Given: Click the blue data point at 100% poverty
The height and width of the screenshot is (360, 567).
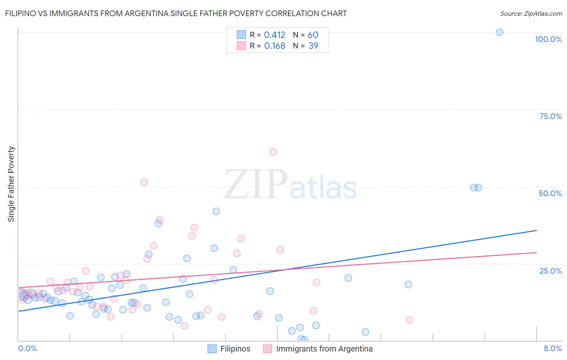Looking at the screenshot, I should coord(499,32).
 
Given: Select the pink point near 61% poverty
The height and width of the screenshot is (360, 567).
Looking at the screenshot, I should coord(273,152).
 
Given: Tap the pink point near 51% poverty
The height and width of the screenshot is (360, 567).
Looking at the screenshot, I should coord(144,182).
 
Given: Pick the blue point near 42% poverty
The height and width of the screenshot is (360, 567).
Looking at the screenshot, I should coord(216,211).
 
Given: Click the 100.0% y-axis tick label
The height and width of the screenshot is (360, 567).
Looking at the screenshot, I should coord(548,39).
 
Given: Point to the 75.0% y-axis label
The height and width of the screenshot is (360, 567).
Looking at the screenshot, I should coord(550,116).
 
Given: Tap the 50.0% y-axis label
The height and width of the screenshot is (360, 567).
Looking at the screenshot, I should coord(550,193).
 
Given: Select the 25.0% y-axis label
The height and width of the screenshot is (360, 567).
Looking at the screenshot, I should coord(550,271).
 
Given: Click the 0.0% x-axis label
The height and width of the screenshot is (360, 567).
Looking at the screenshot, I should coord(27,349).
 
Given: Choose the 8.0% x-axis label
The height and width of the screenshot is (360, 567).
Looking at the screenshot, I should coord(552,349).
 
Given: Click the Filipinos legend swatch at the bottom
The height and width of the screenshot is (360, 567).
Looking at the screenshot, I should coord(212,349).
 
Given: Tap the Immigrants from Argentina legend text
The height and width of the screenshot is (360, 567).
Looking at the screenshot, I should coord(324,349).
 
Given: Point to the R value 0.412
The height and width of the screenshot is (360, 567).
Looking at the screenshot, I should coord(274,35).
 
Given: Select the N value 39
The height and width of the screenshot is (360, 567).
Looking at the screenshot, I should coord(313,46).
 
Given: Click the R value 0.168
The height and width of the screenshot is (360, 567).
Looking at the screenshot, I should coord(274,46).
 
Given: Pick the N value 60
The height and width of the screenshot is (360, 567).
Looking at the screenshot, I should coord(313,35).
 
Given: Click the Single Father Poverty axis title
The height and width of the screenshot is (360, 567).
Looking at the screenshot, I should coord(11,184).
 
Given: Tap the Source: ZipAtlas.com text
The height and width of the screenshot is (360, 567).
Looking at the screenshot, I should coord(531,14).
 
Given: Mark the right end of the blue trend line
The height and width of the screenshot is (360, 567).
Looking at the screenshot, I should coord(536,230).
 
